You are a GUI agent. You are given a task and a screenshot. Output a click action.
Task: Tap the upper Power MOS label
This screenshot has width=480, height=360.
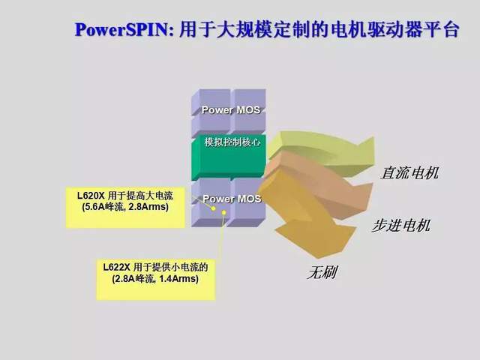(230, 109)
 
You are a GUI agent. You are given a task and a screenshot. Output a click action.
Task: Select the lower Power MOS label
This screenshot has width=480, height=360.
(232, 199)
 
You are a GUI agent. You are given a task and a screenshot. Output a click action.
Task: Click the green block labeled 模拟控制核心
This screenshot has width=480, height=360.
(232, 142)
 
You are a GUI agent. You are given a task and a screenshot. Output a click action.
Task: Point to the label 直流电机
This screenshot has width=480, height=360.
(409, 173)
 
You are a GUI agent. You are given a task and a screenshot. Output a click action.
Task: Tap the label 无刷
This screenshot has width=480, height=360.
(320, 272)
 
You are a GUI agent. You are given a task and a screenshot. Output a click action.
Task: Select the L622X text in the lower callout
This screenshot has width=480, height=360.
(119, 266)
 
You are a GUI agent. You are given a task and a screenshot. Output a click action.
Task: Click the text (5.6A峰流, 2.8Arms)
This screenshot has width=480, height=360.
(125, 207)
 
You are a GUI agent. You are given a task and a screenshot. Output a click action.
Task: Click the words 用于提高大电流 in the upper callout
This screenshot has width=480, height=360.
(142, 195)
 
